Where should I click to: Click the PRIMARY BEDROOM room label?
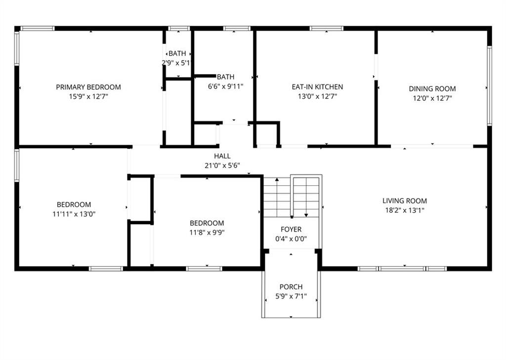88,87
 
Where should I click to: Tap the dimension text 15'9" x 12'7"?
88,97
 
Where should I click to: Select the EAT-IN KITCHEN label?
317,87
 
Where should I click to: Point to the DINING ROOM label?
432,89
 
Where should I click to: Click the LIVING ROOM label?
404,201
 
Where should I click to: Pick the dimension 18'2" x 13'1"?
404,210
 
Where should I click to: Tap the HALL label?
222,156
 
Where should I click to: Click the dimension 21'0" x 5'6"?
222,165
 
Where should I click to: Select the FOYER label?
291,230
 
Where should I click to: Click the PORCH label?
291,287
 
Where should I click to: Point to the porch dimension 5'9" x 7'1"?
291,296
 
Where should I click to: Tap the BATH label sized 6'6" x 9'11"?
225,77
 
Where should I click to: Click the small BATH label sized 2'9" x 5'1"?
177,53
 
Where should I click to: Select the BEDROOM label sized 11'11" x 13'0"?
74,204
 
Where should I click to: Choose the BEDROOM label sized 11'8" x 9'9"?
207,223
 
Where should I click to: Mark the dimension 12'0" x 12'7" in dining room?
432,98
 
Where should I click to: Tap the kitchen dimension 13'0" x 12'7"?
317,97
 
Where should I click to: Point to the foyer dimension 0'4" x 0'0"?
291,239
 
